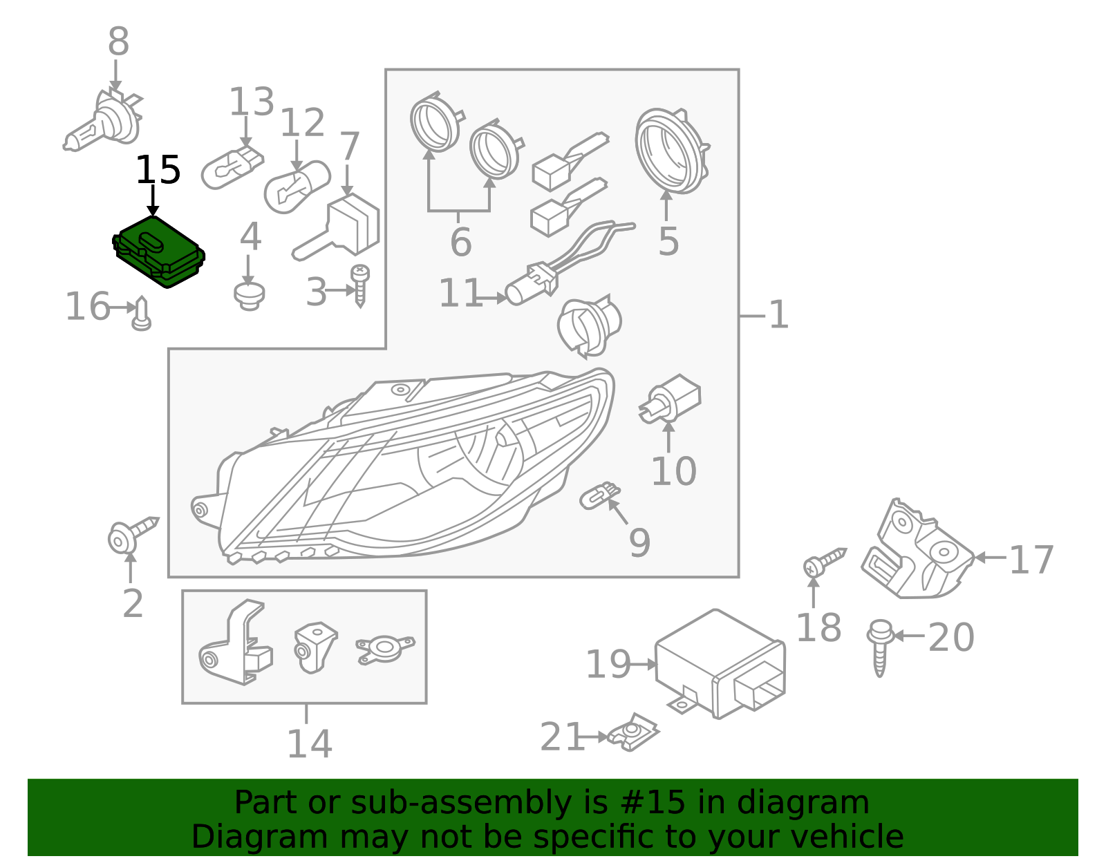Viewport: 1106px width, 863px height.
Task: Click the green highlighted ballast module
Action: click(x=158, y=252)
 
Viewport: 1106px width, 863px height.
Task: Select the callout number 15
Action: click(x=158, y=170)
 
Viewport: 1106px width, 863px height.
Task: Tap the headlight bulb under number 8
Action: click(x=103, y=120)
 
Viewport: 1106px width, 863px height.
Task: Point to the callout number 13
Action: click(x=252, y=102)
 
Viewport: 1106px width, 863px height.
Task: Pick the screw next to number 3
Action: click(x=360, y=285)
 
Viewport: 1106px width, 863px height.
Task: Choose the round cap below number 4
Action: click(x=250, y=296)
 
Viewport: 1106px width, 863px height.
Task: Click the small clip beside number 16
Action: click(x=142, y=314)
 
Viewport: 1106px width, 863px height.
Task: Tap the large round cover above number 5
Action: click(x=671, y=151)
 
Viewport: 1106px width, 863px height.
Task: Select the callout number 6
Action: click(x=460, y=242)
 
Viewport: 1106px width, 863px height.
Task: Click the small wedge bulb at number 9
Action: click(x=600, y=495)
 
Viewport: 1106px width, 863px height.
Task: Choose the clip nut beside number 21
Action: click(x=634, y=732)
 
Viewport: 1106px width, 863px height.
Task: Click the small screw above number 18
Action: click(x=825, y=562)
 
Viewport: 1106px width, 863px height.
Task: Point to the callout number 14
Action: click(x=310, y=743)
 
